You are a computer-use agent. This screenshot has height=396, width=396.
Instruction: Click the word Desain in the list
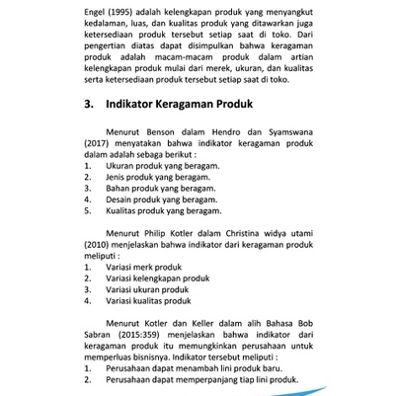pos(120,199)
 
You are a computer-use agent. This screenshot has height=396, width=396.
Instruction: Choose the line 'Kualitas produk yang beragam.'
pos(164,210)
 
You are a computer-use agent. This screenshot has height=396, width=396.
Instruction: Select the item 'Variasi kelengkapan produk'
pos(158,278)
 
